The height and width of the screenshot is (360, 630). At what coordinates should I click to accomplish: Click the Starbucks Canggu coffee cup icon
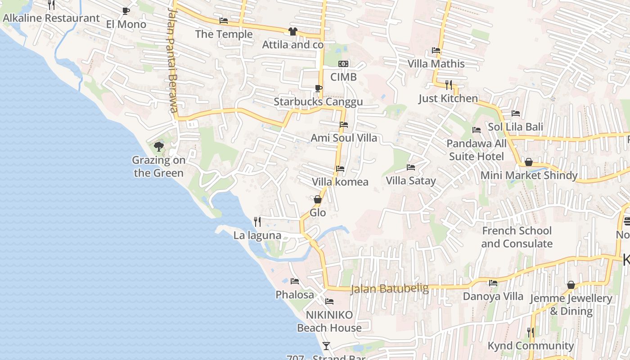pos(318,88)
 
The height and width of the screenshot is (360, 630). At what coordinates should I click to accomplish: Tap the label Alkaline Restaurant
pos(51,18)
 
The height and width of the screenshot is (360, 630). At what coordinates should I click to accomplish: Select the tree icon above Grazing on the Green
pos(158,146)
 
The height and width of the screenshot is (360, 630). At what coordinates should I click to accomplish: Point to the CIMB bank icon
pos(343,64)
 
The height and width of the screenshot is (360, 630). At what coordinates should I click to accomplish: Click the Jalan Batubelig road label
pos(390,288)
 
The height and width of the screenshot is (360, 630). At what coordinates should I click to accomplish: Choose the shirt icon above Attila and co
pos(292,31)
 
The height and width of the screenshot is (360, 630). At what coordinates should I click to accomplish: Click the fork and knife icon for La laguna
pos(257,221)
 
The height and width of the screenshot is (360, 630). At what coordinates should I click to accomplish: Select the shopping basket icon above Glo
pos(318,199)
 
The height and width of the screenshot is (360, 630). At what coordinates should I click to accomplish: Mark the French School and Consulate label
pos(517,237)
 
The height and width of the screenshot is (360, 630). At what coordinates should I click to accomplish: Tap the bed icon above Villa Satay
pos(410,167)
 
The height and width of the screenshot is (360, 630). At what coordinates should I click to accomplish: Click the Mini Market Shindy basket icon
pos(529,162)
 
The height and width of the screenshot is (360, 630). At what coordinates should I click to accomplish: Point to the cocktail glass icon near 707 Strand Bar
pos(326,346)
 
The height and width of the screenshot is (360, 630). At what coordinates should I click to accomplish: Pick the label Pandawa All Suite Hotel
pos(477,150)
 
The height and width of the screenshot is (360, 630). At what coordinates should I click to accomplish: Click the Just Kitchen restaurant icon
pos(448,85)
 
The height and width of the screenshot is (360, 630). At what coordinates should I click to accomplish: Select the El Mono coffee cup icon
pos(126,11)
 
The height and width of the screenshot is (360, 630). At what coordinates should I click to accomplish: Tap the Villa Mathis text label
pos(436,63)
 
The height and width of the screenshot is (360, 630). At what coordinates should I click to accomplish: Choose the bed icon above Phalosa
pos(295,281)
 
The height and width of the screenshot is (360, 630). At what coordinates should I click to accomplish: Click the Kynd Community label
pos(531,346)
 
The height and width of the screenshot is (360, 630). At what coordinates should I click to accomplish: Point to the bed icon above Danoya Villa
pos(493,283)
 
